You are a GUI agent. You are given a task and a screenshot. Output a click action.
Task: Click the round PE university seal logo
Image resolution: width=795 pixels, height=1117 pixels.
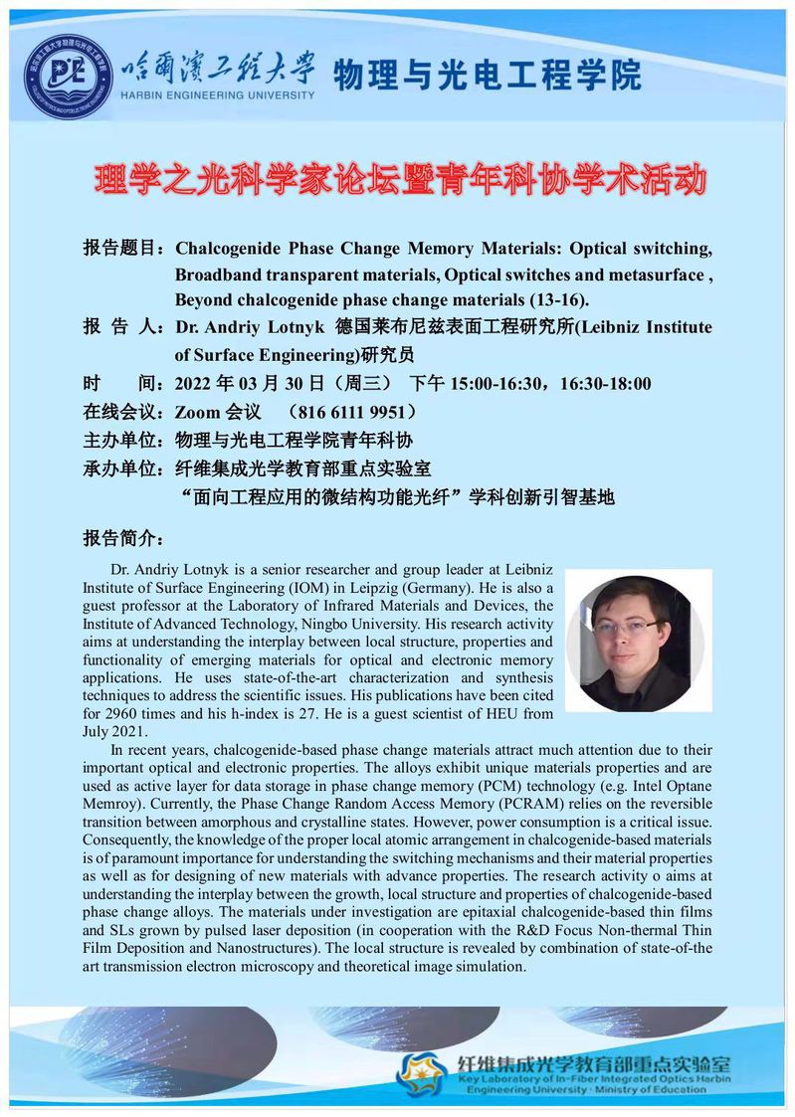click(69, 77)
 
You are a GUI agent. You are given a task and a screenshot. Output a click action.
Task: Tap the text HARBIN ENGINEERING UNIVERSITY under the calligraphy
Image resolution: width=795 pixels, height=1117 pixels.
click(217, 95)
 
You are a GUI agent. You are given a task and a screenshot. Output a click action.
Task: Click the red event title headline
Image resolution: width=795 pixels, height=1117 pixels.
click(398, 180)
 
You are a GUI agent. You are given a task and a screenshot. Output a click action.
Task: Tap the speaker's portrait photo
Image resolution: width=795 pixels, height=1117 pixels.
click(639, 642)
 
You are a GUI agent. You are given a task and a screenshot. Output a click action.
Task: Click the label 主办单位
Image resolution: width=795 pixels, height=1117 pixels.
click(126, 440)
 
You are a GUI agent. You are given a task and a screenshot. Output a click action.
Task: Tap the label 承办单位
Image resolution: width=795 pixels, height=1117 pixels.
click(126, 467)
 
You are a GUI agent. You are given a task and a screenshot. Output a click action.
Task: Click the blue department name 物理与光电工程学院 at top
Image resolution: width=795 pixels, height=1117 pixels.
click(488, 76)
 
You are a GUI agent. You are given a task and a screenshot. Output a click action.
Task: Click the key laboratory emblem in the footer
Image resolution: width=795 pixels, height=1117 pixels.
click(421, 1072)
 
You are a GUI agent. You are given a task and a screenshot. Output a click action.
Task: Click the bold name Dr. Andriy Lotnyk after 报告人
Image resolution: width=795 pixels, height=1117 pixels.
click(251, 327)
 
